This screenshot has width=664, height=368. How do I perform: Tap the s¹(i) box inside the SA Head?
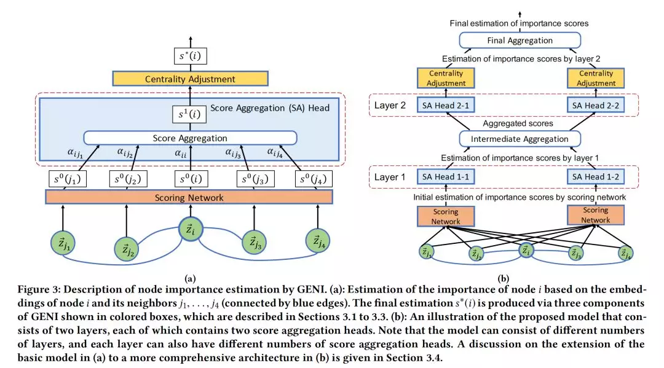click(x=189, y=114)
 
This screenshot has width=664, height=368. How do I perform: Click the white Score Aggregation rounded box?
click(x=189, y=138)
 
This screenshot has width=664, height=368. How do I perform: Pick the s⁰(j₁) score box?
click(x=68, y=179)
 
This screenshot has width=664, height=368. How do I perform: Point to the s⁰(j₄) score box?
click(x=313, y=179)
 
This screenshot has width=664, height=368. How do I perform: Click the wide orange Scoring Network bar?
click(x=189, y=197)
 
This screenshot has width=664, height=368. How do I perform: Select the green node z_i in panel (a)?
click(x=190, y=230)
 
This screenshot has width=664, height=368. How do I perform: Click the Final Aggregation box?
click(x=520, y=41)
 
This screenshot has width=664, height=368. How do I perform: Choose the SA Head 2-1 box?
click(x=446, y=105)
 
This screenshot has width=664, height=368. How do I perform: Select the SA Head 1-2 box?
click(x=596, y=177)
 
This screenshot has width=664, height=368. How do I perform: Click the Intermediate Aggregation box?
click(x=520, y=139)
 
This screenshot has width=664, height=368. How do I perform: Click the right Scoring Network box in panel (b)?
click(x=596, y=215)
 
